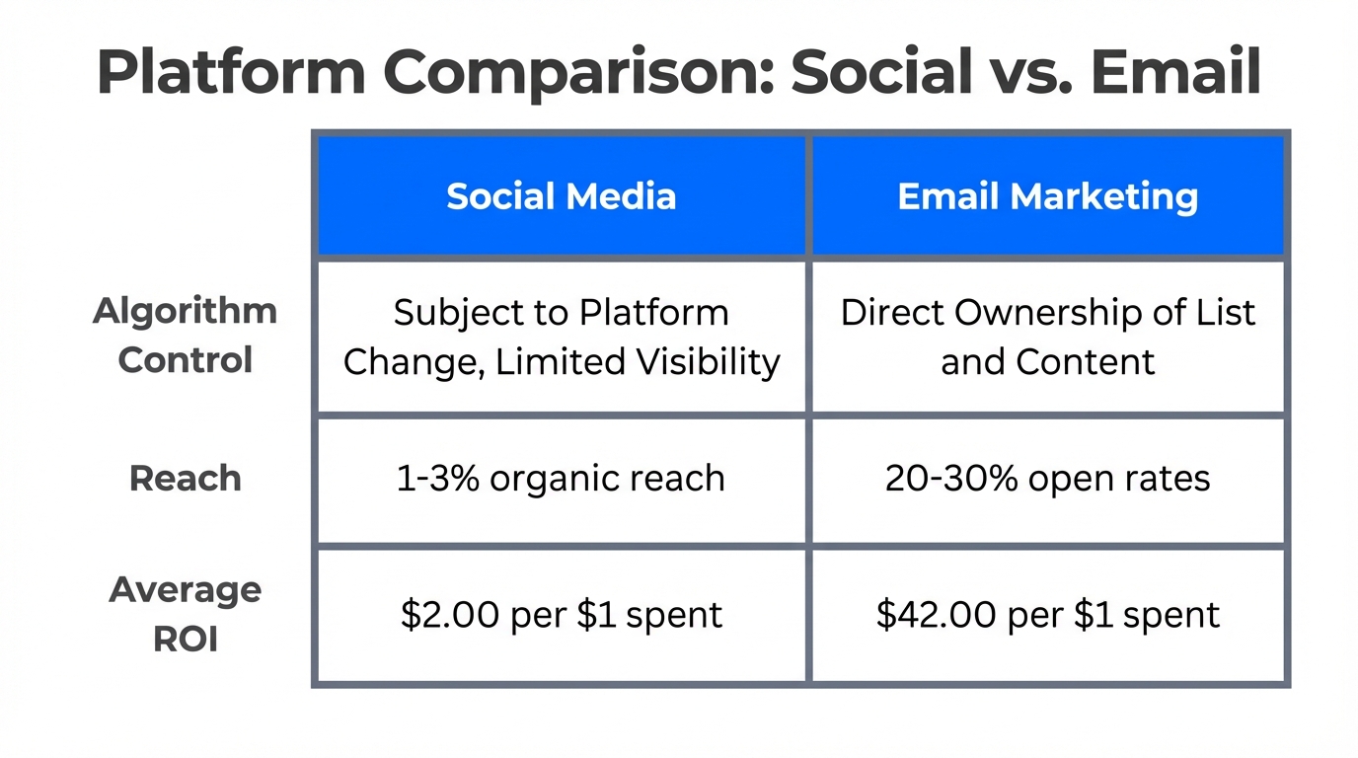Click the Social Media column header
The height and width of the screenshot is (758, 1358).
[x=561, y=195]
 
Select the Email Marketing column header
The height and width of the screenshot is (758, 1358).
[x=1048, y=195]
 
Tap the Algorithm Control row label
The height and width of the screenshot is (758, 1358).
[x=185, y=336]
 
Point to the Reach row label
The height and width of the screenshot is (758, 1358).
[x=186, y=479]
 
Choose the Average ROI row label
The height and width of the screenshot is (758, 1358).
[x=186, y=614]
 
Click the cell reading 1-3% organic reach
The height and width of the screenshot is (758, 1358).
[x=561, y=479]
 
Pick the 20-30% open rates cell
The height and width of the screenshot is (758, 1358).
[x=1048, y=479]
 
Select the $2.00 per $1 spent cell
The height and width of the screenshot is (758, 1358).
[x=561, y=615]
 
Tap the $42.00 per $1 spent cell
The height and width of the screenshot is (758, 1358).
[x=1048, y=615]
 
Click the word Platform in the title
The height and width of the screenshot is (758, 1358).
[x=232, y=73]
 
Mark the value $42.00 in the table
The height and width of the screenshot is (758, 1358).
[x=934, y=615]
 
